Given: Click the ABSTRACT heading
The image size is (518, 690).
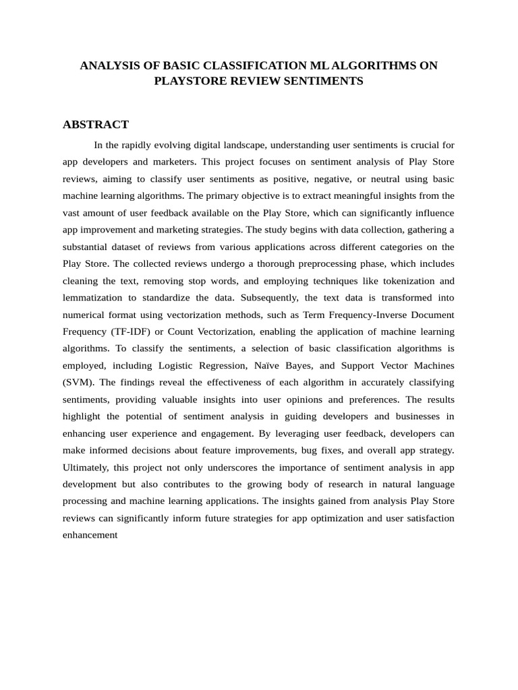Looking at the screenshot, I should point(95,125).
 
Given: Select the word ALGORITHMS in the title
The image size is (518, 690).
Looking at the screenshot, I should point(384,65).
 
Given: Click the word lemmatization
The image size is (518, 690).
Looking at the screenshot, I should point(92,297).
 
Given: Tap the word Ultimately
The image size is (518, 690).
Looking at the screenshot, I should point(88,467).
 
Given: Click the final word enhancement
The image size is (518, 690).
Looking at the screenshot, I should point(90,535).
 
